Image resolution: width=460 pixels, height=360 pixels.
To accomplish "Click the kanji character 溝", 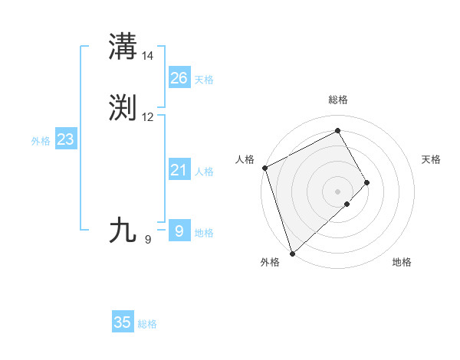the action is point(123,47).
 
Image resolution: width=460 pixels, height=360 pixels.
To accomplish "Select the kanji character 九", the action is point(123,231).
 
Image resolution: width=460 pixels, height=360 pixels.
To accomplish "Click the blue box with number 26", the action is point(179,78).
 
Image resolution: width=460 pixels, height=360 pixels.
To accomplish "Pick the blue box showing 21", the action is point(179,170).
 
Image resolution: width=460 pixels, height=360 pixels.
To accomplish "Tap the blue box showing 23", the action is point(65,139).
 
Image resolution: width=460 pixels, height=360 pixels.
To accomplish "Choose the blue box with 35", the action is point(123,322).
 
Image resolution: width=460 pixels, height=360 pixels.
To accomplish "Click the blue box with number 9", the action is point(179,231).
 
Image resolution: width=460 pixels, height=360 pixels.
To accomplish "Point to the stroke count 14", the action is point(148,56).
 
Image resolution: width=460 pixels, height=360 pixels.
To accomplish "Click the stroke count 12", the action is point(148,117).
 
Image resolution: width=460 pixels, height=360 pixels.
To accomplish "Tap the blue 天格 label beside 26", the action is point(204,80).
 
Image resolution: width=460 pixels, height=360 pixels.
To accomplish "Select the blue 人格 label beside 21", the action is point(204,172).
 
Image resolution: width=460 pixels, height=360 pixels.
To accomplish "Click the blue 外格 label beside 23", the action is point(41,141).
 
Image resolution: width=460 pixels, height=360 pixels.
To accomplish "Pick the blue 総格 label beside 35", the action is point(147,324).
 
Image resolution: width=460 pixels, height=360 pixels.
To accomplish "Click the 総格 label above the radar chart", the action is point(338,100).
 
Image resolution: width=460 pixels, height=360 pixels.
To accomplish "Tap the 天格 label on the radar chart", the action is point(431,159).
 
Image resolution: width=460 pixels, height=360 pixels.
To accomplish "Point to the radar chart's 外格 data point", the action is point(292,252).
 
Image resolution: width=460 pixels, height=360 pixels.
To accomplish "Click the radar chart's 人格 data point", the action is point(264,168).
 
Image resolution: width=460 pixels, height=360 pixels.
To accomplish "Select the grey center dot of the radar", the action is point(338,191).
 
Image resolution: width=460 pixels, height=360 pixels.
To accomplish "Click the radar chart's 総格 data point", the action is point(338,131).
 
